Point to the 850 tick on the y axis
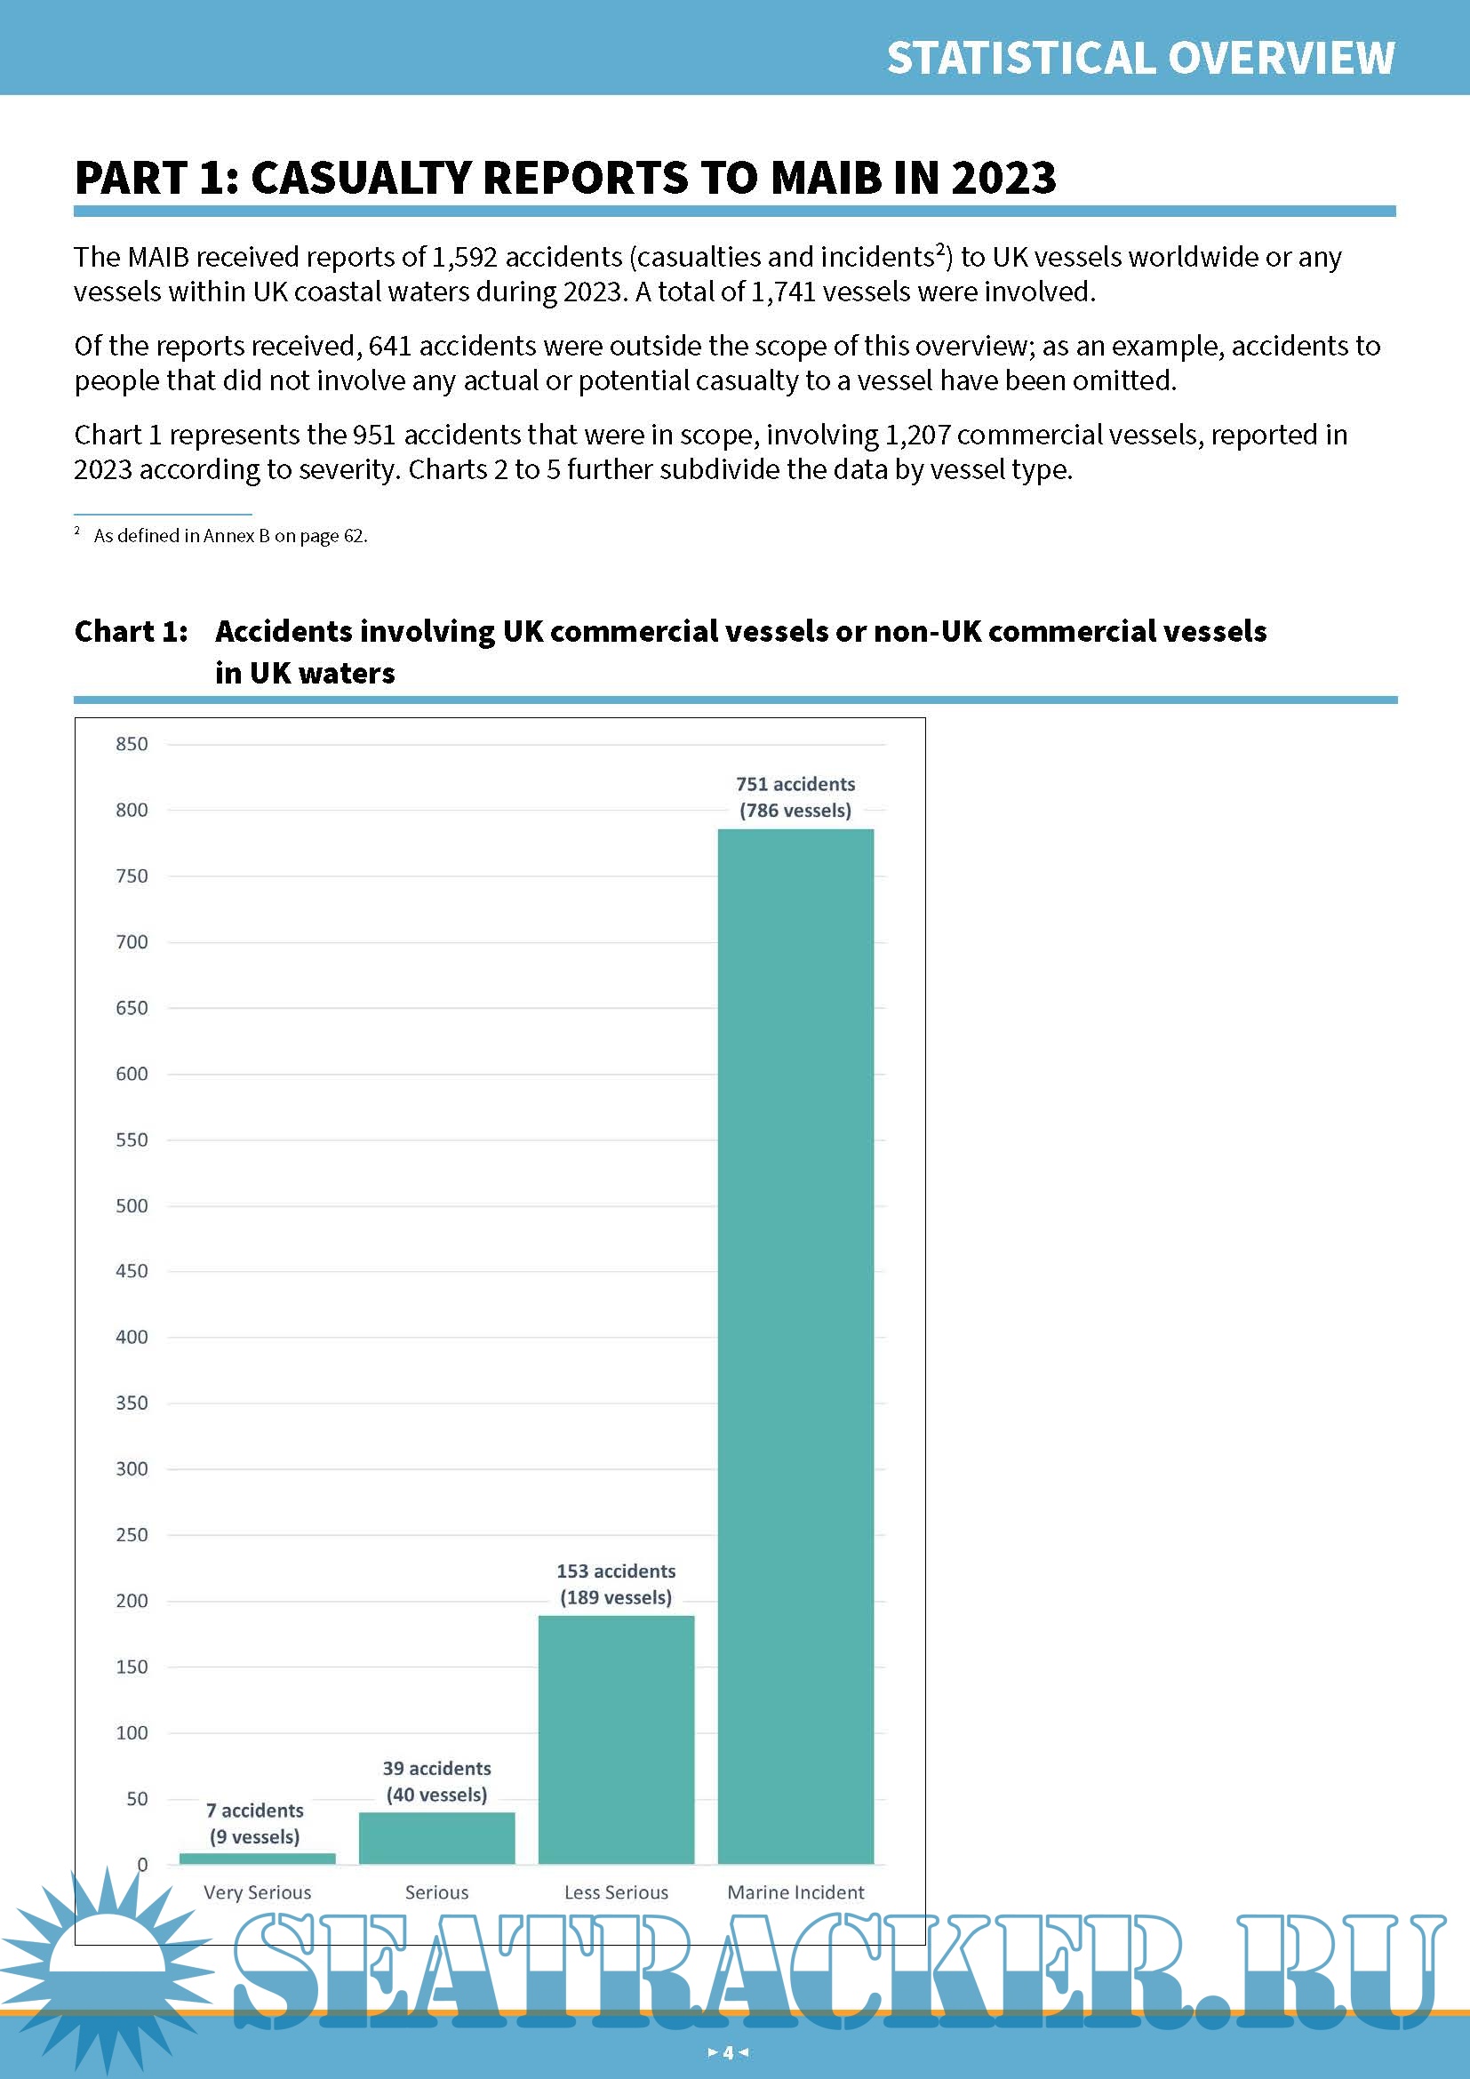click(132, 744)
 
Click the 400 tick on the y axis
click(132, 1337)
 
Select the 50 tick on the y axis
click(137, 1798)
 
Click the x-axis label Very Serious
click(257, 1891)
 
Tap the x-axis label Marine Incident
click(795, 1891)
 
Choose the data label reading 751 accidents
click(795, 784)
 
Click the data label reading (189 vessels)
click(616, 1597)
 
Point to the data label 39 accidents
click(436, 1768)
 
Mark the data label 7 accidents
click(254, 1810)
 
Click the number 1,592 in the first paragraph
click(463, 257)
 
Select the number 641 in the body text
click(389, 346)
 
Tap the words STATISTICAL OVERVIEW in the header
click(1139, 58)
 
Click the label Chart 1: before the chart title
click(132, 631)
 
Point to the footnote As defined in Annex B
click(230, 536)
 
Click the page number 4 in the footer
click(728, 2052)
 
